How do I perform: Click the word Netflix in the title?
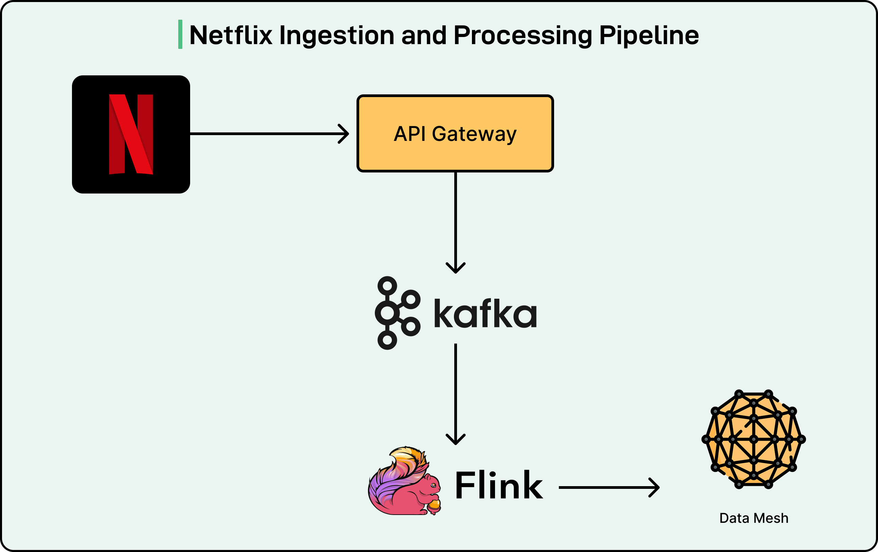click(231, 35)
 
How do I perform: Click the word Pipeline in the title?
click(649, 35)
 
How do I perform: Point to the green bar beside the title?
click(180, 34)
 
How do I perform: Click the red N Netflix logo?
click(131, 134)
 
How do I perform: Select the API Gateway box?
click(455, 133)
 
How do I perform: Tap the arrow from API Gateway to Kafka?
click(456, 222)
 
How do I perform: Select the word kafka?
click(485, 314)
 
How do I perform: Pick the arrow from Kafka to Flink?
click(456, 394)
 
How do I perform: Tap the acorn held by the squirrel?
click(434, 505)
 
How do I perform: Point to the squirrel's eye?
click(433, 485)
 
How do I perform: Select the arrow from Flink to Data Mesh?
click(609, 487)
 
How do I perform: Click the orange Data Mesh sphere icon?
click(753, 439)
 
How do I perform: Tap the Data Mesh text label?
click(754, 518)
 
